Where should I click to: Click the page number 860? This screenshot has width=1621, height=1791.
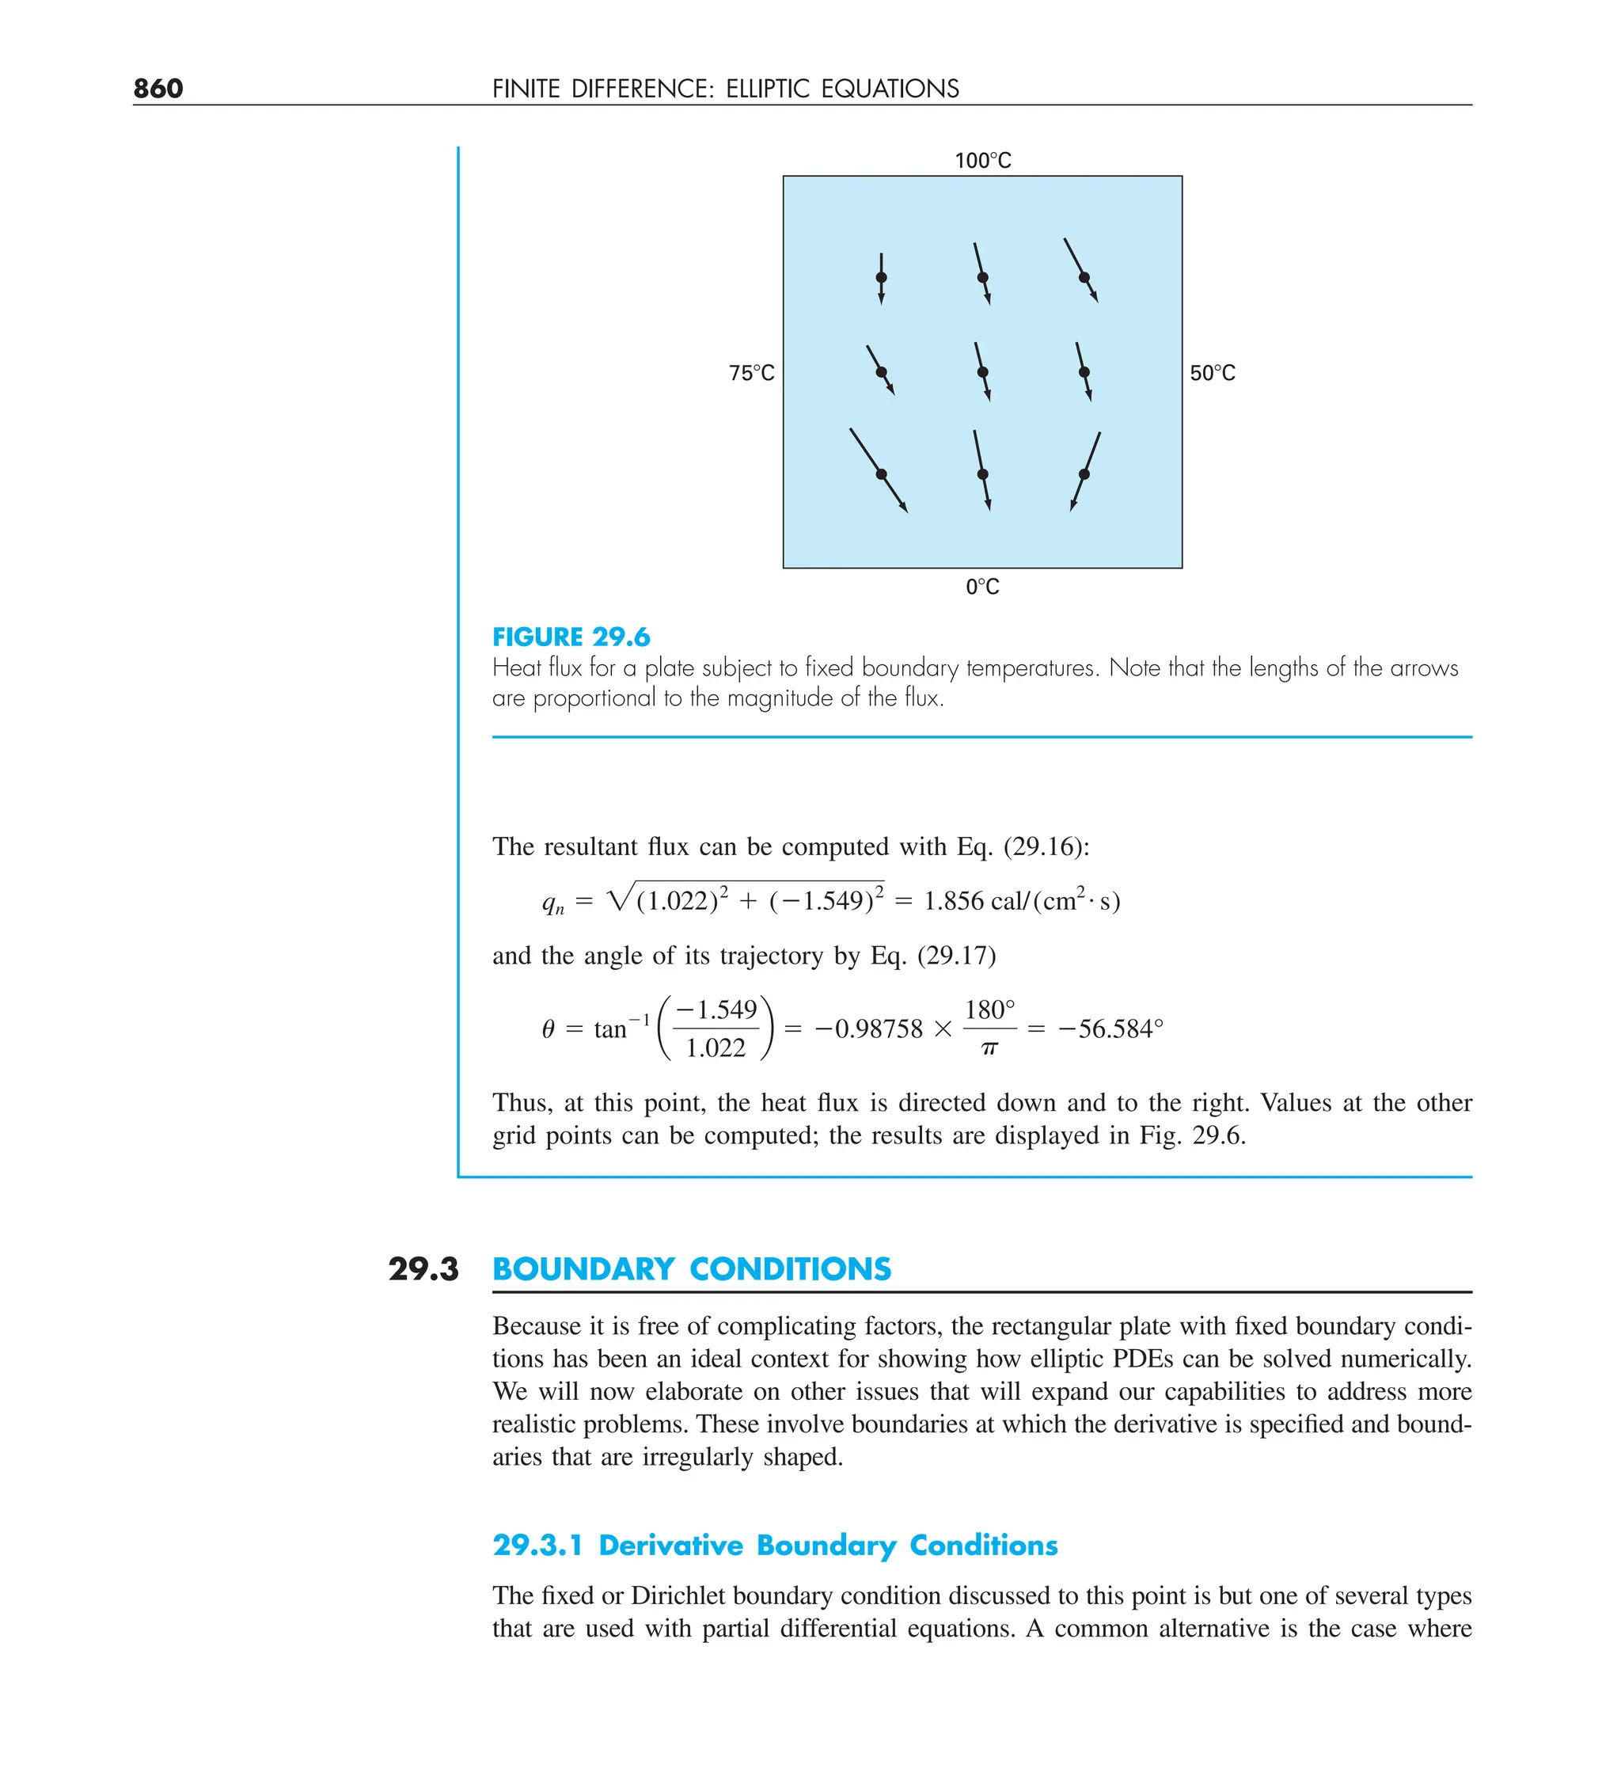(158, 88)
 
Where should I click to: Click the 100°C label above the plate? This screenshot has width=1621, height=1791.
(982, 161)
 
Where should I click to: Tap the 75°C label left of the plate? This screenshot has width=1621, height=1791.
(751, 373)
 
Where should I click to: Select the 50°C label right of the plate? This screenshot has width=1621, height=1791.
(1213, 373)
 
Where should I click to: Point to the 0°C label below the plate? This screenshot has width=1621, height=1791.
(982, 587)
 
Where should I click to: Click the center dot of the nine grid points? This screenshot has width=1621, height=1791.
(981, 372)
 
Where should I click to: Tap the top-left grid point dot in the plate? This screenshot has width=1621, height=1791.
(881, 278)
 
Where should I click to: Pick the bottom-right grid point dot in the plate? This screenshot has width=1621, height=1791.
(1084, 474)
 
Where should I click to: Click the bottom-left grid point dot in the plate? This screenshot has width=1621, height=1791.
(881, 474)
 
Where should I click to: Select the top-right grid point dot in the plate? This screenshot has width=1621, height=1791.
(1084, 277)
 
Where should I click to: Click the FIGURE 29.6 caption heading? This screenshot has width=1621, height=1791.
(571, 637)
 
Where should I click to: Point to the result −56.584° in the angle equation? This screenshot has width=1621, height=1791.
(1110, 1029)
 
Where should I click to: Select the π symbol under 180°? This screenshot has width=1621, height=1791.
(989, 1049)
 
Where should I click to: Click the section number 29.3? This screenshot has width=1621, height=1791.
(423, 1268)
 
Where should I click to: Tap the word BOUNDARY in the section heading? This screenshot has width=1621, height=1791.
(583, 1268)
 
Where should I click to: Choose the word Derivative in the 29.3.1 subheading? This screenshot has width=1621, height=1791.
(670, 1545)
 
